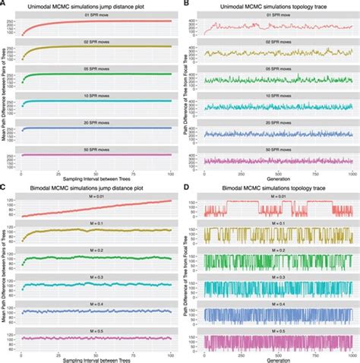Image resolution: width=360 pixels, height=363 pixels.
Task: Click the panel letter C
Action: click(x=4, y=186)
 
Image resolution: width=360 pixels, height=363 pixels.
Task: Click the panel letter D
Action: click(x=185, y=186)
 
